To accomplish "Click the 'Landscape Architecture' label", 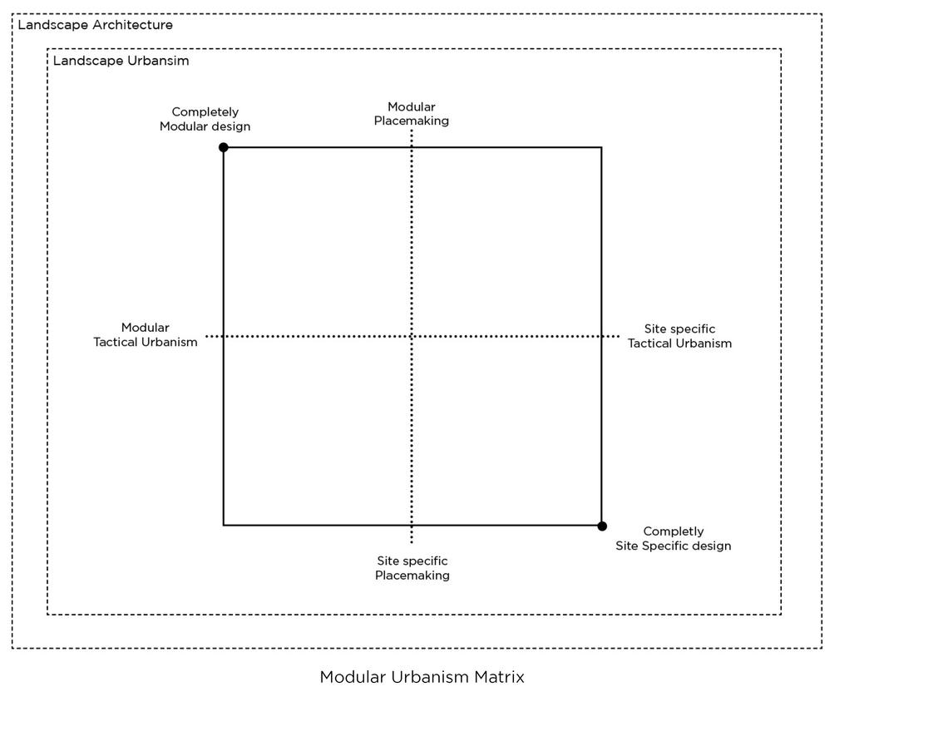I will [x=96, y=25].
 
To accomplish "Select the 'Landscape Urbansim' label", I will [x=121, y=61].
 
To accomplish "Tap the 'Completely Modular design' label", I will [x=205, y=119].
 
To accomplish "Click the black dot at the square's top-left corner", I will [x=223, y=147].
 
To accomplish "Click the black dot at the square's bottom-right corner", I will [x=602, y=526].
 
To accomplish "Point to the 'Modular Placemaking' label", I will [x=411, y=114].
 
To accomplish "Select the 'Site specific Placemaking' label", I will [x=412, y=568].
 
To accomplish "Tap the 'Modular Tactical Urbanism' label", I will [x=146, y=334].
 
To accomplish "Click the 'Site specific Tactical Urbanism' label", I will [x=679, y=336].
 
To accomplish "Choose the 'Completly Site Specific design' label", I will [x=673, y=538].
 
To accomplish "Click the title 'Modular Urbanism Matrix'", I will [x=422, y=677].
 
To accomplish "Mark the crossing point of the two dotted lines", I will [x=412, y=337].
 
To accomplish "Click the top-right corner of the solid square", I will [x=601, y=148].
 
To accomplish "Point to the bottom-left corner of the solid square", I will [x=224, y=525].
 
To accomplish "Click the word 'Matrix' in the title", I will [x=499, y=677].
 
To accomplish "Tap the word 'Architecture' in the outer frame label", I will [x=132, y=25].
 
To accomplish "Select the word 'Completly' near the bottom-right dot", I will [x=673, y=531].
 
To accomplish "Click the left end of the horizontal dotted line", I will [x=206, y=337].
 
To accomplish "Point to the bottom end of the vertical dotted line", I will [x=412, y=542].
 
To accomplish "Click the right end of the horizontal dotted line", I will [x=619, y=337].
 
